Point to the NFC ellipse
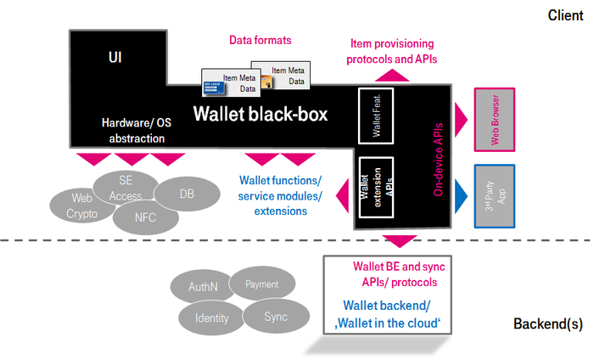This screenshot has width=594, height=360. (145, 217)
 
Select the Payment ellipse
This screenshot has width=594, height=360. (261, 284)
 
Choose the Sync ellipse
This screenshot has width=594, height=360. (275, 317)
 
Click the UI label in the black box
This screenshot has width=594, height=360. (115, 57)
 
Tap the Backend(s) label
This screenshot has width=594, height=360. (547, 324)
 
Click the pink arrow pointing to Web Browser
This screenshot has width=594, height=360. (462, 115)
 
